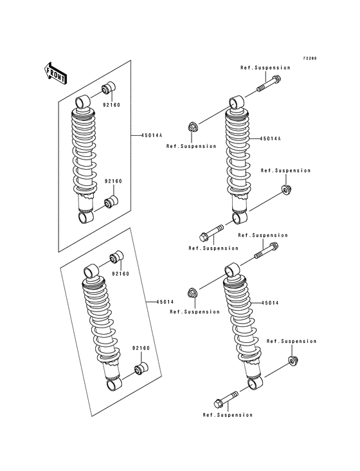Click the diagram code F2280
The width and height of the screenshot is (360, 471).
(x=310, y=58)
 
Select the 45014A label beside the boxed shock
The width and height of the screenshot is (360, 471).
(x=142, y=136)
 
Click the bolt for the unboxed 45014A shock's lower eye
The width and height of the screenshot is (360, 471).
(x=211, y=233)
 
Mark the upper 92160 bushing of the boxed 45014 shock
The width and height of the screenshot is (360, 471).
(x=116, y=257)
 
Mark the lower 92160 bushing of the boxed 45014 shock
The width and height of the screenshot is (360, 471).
(x=139, y=370)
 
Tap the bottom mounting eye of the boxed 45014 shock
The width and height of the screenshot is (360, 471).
(x=113, y=385)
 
